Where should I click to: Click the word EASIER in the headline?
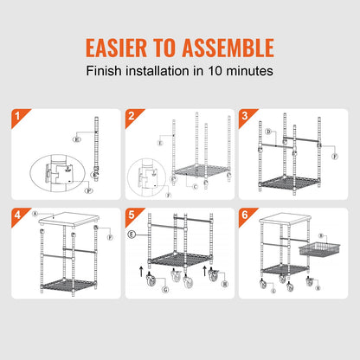coord(112,46)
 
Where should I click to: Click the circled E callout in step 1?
coord(76,138)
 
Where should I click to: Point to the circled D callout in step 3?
coord(269,132)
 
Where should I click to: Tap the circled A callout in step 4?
coord(35,212)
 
